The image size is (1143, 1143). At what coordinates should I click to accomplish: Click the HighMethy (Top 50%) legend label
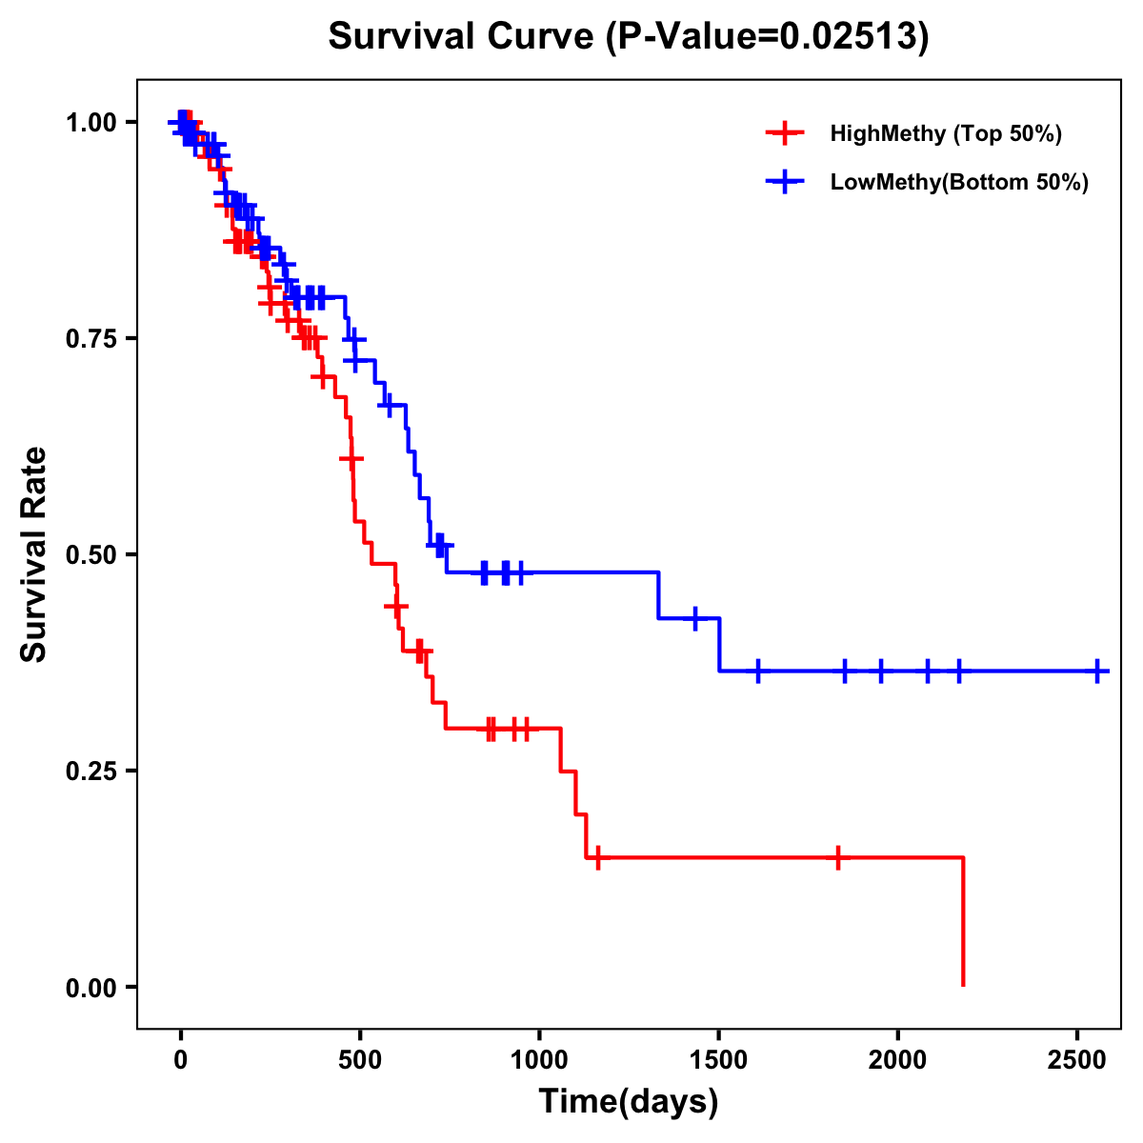945,133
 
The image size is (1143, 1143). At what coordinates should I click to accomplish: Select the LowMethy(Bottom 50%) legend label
959,182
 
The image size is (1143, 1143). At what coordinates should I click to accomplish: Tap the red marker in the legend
783,133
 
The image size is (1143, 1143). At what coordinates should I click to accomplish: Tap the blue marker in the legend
783,182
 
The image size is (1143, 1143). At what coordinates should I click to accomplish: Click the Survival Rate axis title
35,554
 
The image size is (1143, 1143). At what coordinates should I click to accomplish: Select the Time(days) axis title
629,1102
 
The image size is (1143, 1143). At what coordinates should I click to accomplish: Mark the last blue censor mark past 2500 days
1097,672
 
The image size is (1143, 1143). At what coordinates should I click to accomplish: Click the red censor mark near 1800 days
837,857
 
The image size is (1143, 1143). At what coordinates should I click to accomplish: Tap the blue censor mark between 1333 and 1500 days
695,618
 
